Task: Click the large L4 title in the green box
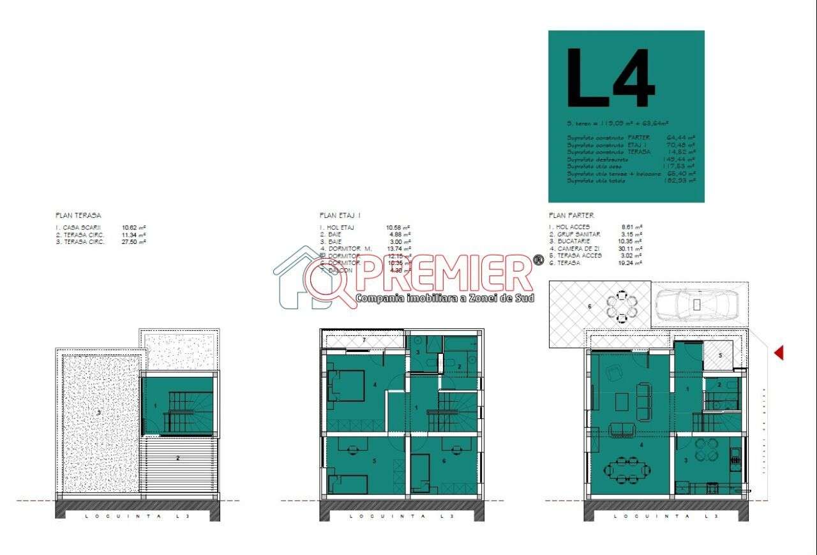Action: click(610, 79)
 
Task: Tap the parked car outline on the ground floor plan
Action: click(696, 305)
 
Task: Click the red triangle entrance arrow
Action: click(778, 353)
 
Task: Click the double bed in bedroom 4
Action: click(346, 386)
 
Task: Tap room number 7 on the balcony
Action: click(364, 340)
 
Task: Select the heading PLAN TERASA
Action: click(78, 216)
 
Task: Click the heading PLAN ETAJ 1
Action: click(340, 216)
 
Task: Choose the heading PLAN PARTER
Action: click(571, 216)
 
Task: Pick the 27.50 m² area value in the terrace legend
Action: click(134, 241)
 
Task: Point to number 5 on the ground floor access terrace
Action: click(720, 355)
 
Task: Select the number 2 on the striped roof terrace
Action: click(178, 457)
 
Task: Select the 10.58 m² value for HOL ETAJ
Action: click(398, 227)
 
